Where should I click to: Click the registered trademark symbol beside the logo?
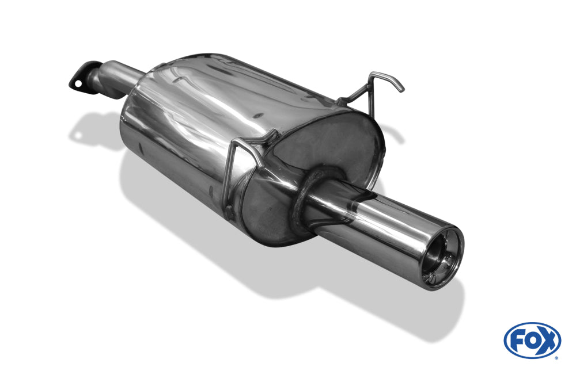[x=556, y=358]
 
